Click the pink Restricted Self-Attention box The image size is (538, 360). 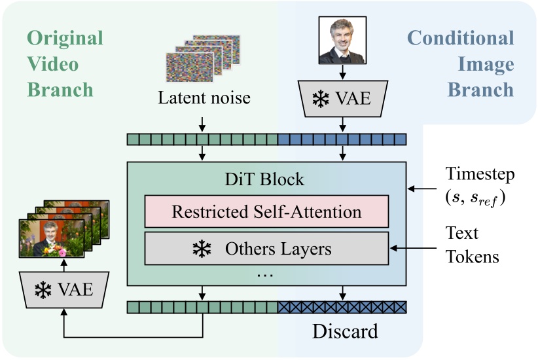(x=266, y=211)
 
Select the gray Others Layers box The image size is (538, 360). (x=266, y=249)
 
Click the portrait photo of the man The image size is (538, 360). (x=342, y=40)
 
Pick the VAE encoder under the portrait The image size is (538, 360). (x=342, y=99)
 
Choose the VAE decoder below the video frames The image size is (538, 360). (x=63, y=289)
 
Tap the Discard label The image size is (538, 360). (x=344, y=332)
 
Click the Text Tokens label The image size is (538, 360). (x=472, y=245)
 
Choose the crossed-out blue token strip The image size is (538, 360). (x=342, y=306)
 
